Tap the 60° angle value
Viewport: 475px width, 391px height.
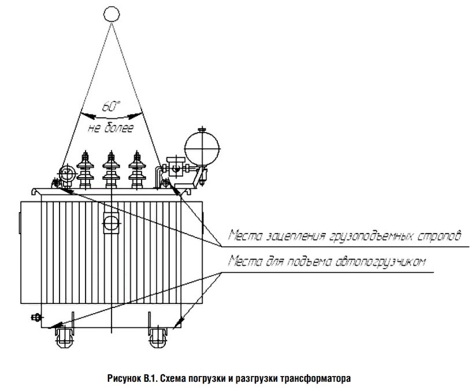tap(111, 106)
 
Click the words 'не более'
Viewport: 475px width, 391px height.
tap(111, 128)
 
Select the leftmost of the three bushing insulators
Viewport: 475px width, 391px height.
tap(85, 170)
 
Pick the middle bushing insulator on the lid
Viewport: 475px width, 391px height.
tap(111, 170)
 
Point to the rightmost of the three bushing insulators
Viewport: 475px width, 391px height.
tap(137, 170)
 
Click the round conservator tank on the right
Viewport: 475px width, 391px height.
tap(202, 148)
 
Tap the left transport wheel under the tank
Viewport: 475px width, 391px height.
tap(65, 337)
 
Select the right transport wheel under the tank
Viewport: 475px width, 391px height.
tap(158, 337)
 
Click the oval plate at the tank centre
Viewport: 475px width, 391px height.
tap(111, 223)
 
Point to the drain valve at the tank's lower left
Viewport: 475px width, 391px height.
tap(36, 318)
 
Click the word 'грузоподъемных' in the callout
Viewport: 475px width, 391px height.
tap(370, 236)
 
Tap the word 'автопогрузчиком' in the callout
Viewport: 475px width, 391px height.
tap(380, 261)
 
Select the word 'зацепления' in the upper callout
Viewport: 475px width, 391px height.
tap(295, 236)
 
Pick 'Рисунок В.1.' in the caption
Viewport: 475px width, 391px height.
tap(132, 379)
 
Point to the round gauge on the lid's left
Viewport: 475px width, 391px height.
tap(67, 174)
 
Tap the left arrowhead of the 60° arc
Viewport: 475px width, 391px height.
tap(88, 115)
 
